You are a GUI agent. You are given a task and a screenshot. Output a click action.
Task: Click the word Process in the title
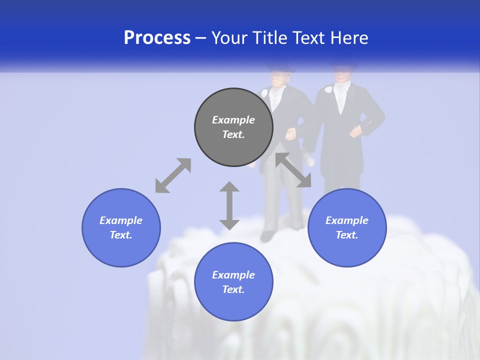click(x=157, y=38)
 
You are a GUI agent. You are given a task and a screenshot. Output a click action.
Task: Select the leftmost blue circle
click(x=121, y=227)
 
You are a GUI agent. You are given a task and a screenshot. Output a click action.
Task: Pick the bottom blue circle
click(x=233, y=282)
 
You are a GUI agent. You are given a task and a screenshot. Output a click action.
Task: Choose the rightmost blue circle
click(x=347, y=227)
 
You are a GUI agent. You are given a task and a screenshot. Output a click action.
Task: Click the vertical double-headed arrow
click(x=229, y=205)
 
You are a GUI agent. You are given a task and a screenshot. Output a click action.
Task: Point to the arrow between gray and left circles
click(x=173, y=175)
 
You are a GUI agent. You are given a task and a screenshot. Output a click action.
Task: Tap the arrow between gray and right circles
click(x=293, y=170)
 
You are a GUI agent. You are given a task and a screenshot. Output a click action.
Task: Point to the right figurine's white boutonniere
click(x=328, y=90)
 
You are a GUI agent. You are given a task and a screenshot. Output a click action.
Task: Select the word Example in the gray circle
click(x=233, y=120)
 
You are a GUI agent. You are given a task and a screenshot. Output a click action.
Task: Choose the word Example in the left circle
click(x=121, y=220)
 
